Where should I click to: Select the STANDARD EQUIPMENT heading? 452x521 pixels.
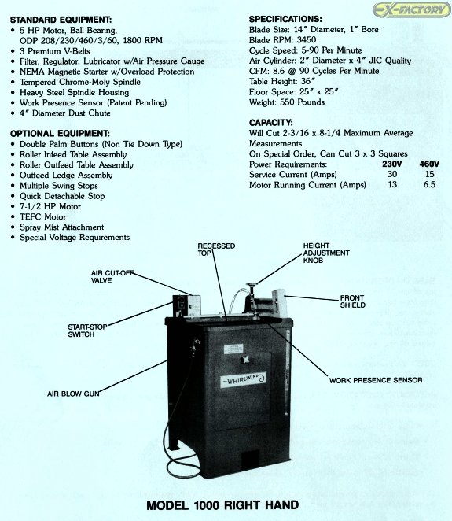tap(61, 20)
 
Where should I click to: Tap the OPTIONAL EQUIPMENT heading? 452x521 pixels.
tap(60, 134)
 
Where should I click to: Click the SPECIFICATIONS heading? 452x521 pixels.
tap(285, 19)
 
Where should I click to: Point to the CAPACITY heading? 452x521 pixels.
tap(270, 123)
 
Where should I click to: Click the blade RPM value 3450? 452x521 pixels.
tap(307, 40)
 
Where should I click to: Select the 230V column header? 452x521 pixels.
tap(392, 164)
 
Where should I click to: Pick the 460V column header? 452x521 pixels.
tap(429, 164)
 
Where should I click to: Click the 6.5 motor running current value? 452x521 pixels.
tap(429, 184)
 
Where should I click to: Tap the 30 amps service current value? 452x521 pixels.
tap(392, 174)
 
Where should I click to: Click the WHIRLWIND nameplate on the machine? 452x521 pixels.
tap(243, 380)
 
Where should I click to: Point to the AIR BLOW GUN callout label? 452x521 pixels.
tap(73, 394)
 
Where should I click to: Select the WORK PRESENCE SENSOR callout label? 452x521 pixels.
tap(376, 380)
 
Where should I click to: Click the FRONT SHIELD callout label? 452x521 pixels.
tap(352, 301)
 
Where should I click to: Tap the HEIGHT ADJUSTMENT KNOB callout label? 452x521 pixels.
tap(326, 253)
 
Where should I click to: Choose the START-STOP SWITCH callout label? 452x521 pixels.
tap(87, 331)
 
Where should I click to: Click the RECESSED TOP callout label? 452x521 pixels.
tap(216, 249)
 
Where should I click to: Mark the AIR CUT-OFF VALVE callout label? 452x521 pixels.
tap(112, 277)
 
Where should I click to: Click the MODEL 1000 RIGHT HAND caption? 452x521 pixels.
tap(222, 505)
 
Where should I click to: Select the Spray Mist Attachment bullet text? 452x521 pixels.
tap(62, 227)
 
